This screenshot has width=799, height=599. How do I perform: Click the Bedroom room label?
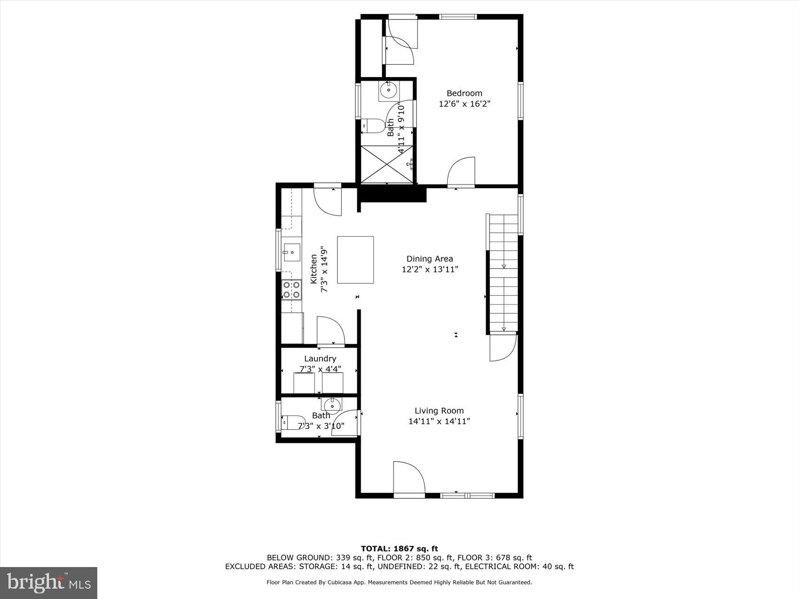click(x=464, y=93)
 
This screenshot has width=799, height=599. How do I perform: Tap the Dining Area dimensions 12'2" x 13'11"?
click(x=430, y=269)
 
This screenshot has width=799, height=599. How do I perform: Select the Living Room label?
click(x=439, y=411)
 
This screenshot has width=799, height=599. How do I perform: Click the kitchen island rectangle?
click(x=355, y=260)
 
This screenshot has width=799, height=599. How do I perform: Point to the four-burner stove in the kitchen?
click(x=291, y=289)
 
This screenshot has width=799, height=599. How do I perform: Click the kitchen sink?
click(x=292, y=252)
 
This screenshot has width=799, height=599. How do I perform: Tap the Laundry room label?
click(x=320, y=358)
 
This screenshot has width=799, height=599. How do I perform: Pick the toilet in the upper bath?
click(x=373, y=126)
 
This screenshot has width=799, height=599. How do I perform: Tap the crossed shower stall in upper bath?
click(x=387, y=164)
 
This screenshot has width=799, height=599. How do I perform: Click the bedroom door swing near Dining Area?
click(x=461, y=172)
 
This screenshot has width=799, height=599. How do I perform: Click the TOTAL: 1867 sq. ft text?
click(x=399, y=548)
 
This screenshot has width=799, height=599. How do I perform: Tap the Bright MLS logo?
click(x=49, y=583)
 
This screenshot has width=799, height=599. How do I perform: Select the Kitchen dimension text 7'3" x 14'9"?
click(x=324, y=269)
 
